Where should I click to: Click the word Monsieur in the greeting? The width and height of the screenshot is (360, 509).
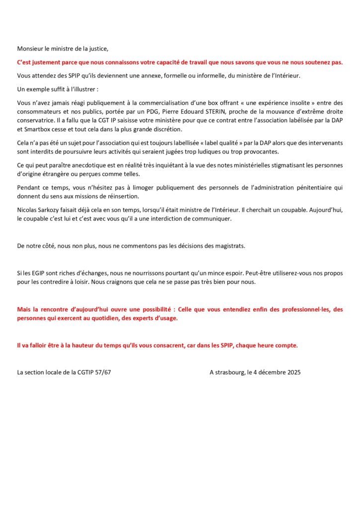[x=31, y=49]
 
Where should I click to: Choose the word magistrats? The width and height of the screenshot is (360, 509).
[x=229, y=246]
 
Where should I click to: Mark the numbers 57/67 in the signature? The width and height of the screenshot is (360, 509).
[x=101, y=372]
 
